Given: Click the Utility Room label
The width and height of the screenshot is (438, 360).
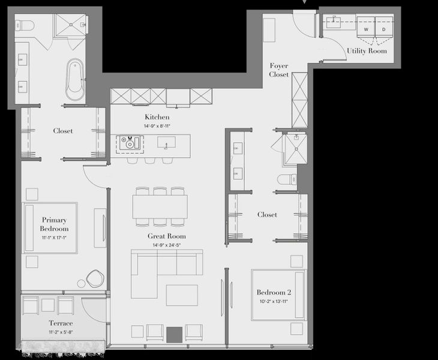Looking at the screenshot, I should (367, 51).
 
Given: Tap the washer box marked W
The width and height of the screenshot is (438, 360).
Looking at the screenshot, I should (365, 28).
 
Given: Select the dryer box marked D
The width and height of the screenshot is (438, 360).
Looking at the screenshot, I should (384, 28).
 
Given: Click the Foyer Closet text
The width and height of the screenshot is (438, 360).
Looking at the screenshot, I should (279, 70).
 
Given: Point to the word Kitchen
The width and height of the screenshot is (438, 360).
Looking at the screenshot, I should (157, 117).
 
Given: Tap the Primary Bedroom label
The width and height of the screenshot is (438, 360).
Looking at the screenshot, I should (55, 224).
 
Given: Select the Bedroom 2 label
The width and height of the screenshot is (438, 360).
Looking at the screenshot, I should (274, 292).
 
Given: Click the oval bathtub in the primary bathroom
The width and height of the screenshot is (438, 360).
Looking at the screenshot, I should (76, 79).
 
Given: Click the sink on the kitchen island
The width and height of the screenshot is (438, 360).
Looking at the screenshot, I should (166, 142).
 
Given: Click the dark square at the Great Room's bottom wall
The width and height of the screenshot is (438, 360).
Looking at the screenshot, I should (174, 333).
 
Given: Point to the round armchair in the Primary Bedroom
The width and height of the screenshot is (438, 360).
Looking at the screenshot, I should (95, 278).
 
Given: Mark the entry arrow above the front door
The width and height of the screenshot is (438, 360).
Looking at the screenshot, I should (307, 2).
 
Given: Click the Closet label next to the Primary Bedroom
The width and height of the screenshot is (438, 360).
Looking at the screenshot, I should (63, 131).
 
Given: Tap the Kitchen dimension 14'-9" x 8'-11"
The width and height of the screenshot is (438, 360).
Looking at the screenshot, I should (157, 126).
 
